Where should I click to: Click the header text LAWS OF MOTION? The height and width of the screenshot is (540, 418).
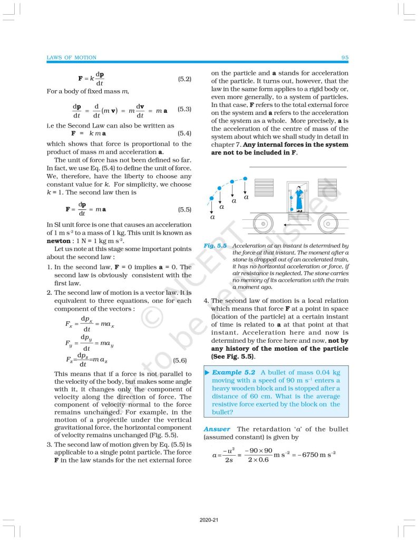tap(72, 57)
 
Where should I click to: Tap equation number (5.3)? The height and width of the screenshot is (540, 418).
tap(184, 109)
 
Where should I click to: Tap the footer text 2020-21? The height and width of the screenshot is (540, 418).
tap(209, 520)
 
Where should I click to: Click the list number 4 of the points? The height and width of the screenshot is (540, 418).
tap(206, 301)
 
